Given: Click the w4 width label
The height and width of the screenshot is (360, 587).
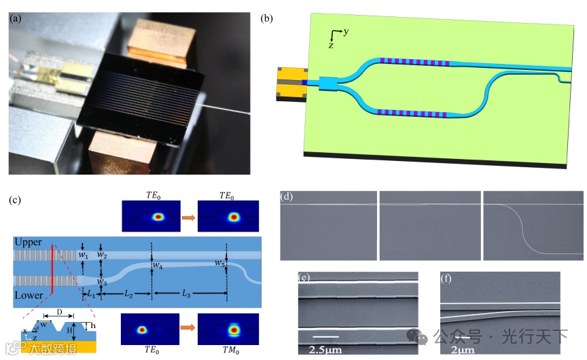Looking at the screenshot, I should click(158, 264).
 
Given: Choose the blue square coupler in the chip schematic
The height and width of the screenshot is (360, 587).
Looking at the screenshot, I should click(327, 84).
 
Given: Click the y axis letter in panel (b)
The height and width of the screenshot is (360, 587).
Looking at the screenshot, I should click(346, 32).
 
